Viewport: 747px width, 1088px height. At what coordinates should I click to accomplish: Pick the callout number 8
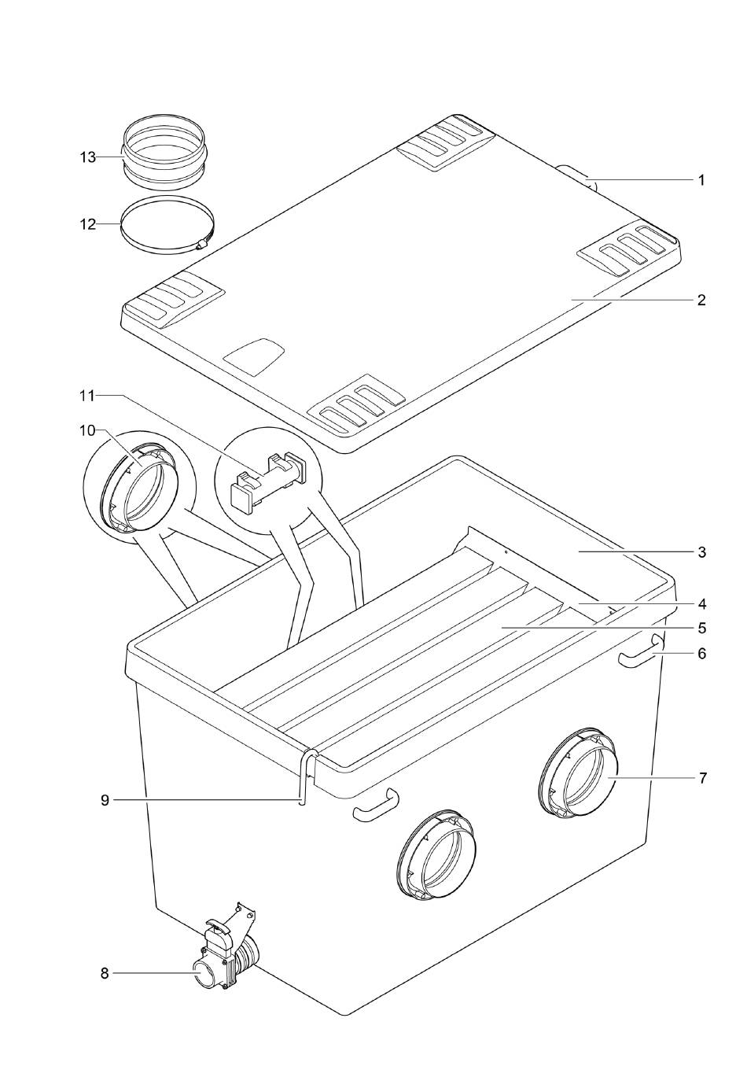click(105, 973)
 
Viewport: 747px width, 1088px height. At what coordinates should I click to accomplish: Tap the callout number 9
click(105, 800)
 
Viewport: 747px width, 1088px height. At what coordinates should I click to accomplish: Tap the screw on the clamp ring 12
click(202, 245)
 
